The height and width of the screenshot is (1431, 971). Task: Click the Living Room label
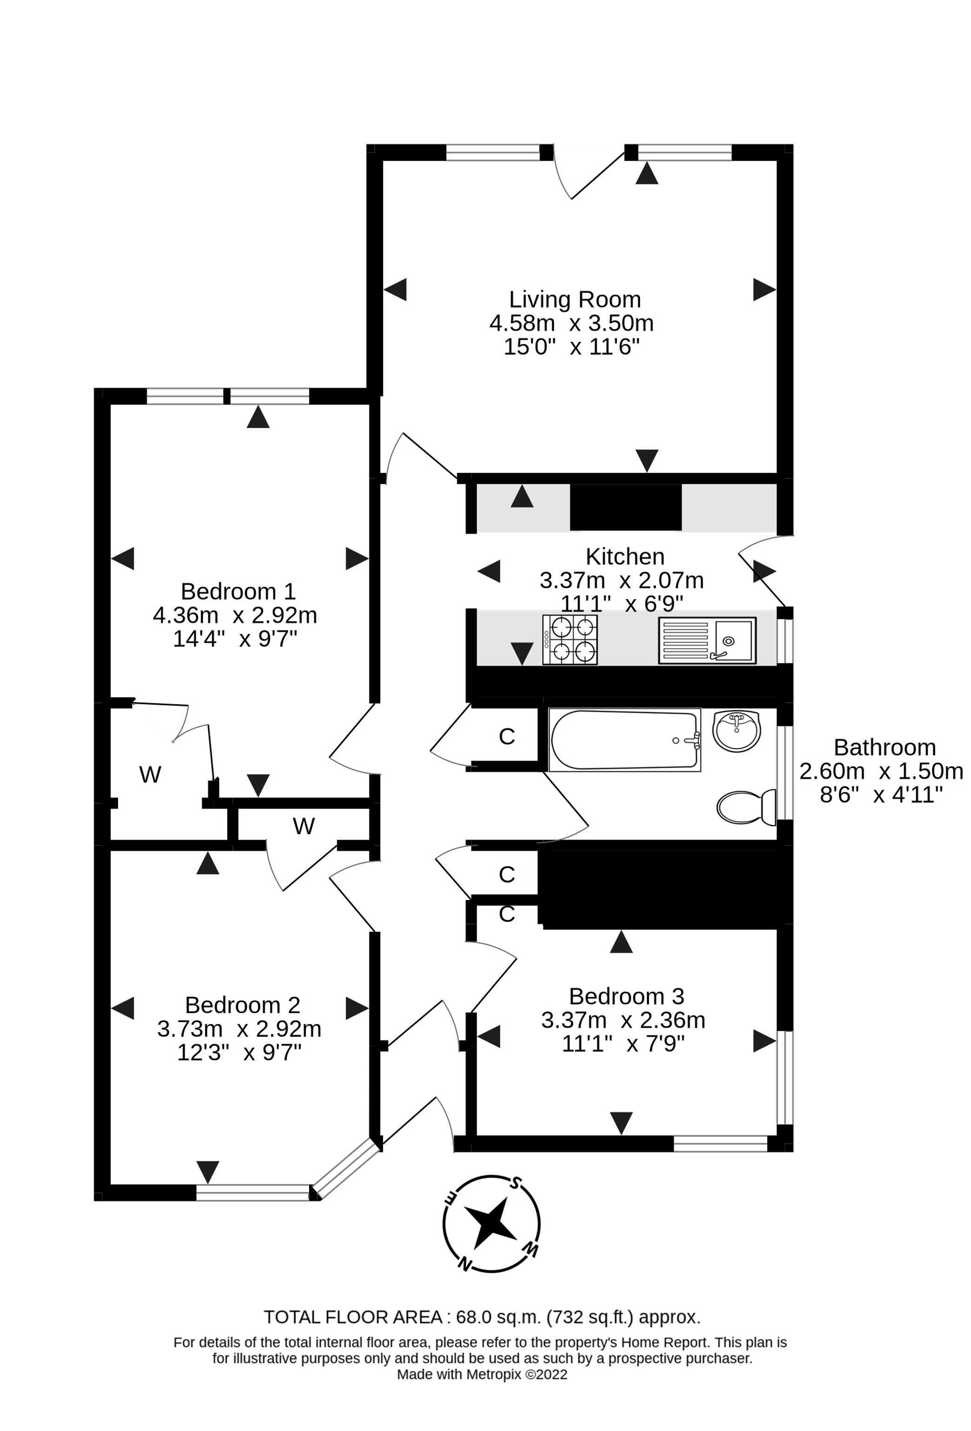(x=575, y=299)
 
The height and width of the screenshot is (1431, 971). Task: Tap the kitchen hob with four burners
(x=569, y=640)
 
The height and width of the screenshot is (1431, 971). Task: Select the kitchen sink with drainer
(x=707, y=640)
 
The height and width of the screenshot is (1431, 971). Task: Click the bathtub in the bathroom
(x=624, y=740)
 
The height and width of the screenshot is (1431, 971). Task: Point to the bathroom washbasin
(x=736, y=730)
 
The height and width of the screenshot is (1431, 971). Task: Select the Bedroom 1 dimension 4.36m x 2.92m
(x=235, y=615)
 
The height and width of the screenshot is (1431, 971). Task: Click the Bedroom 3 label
(x=626, y=996)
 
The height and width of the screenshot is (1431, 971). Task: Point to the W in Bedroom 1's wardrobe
(x=150, y=775)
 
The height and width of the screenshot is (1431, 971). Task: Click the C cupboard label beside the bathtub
(x=506, y=736)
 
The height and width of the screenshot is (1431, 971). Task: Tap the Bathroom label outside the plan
(x=884, y=748)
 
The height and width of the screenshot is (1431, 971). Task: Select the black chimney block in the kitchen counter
(x=625, y=507)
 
